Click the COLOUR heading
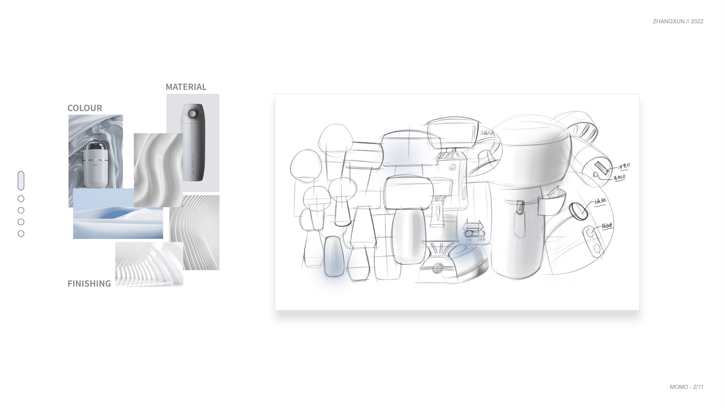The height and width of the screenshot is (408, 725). pos(85,108)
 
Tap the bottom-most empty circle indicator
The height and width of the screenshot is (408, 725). pos(21,234)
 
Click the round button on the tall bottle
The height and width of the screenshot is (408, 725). pos(192,114)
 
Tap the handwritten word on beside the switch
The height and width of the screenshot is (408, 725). pos(468,240)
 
